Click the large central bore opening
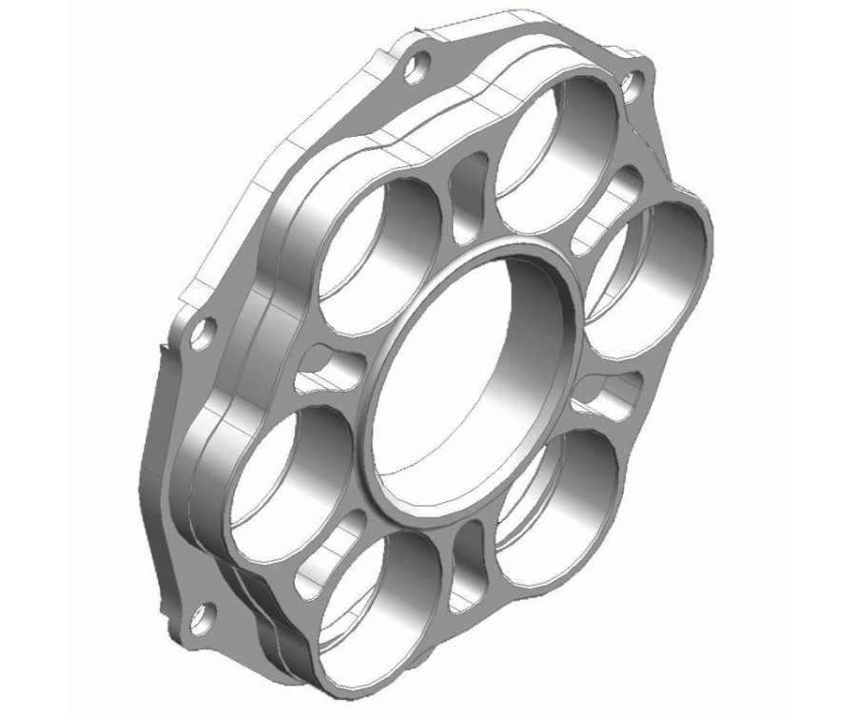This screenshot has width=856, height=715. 466,380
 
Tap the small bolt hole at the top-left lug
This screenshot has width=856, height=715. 416,66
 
